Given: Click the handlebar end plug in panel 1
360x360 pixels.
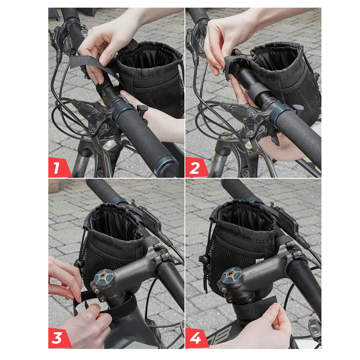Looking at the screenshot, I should [x=167, y=166].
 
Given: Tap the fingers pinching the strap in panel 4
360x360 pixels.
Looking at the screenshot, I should [x=275, y=316].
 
